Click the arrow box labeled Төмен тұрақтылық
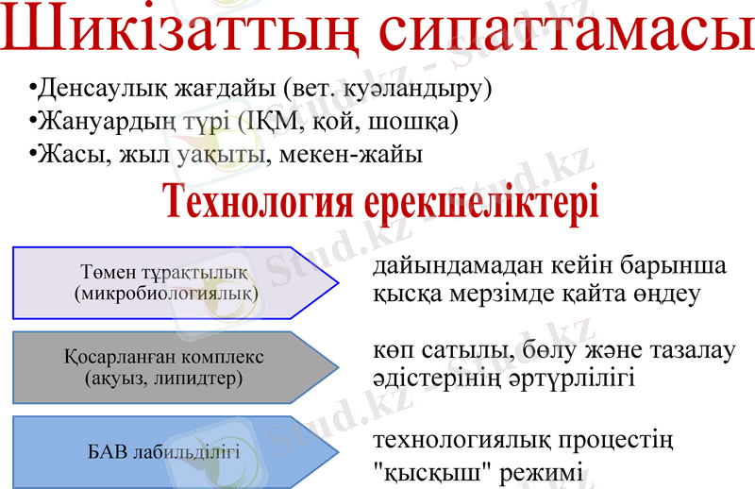coord(175,282)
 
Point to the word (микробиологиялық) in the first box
coord(165,294)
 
